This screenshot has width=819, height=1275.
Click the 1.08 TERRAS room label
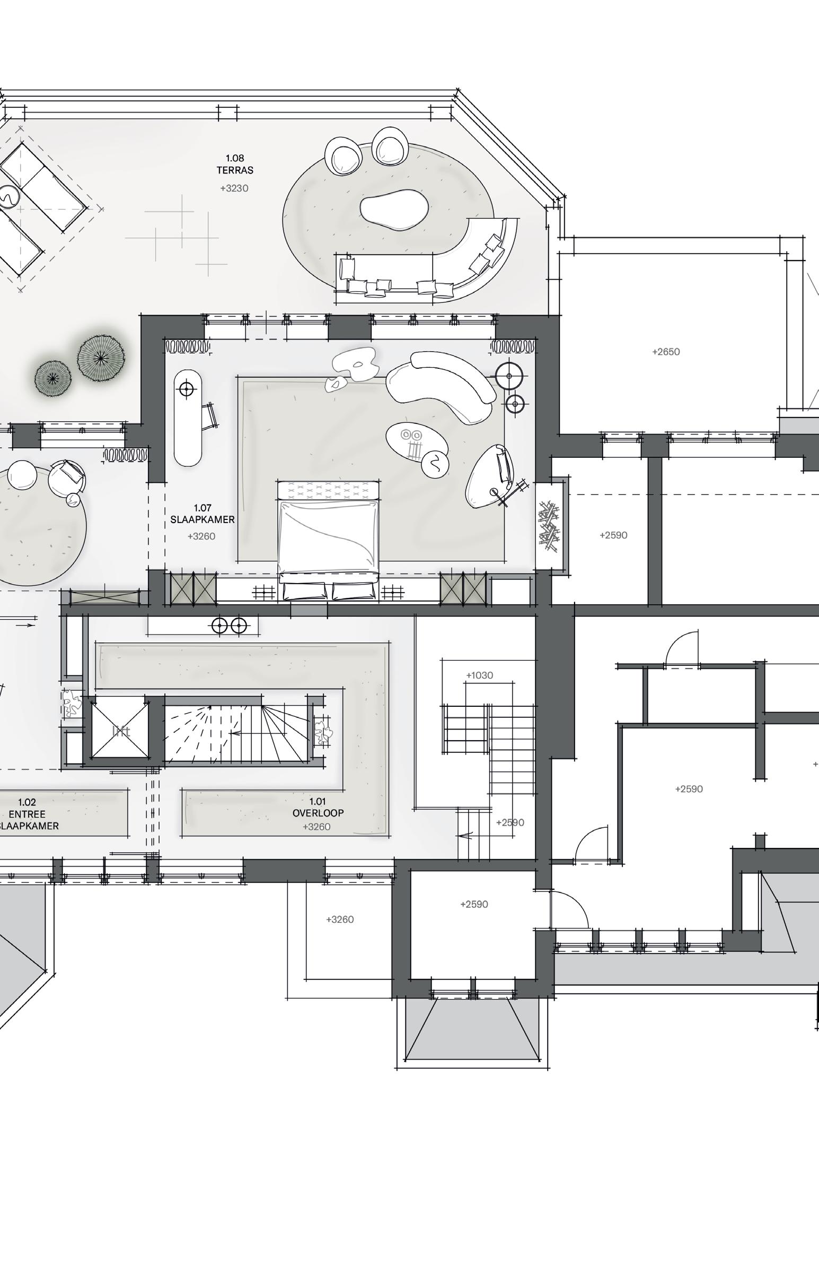pos(234,164)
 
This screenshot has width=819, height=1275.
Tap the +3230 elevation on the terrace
pos(234,188)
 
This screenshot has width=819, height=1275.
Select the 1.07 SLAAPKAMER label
pos(202,514)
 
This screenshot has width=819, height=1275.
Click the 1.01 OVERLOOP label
pos(318,807)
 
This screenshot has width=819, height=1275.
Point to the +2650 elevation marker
pos(666,352)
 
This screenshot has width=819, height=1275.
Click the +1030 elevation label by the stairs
pos(479,675)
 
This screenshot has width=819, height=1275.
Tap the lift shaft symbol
pos(121,731)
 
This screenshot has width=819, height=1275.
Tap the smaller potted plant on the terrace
pos(52,377)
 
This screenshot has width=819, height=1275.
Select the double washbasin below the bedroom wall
pos(229,626)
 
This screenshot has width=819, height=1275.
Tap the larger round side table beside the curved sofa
pos(509,376)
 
